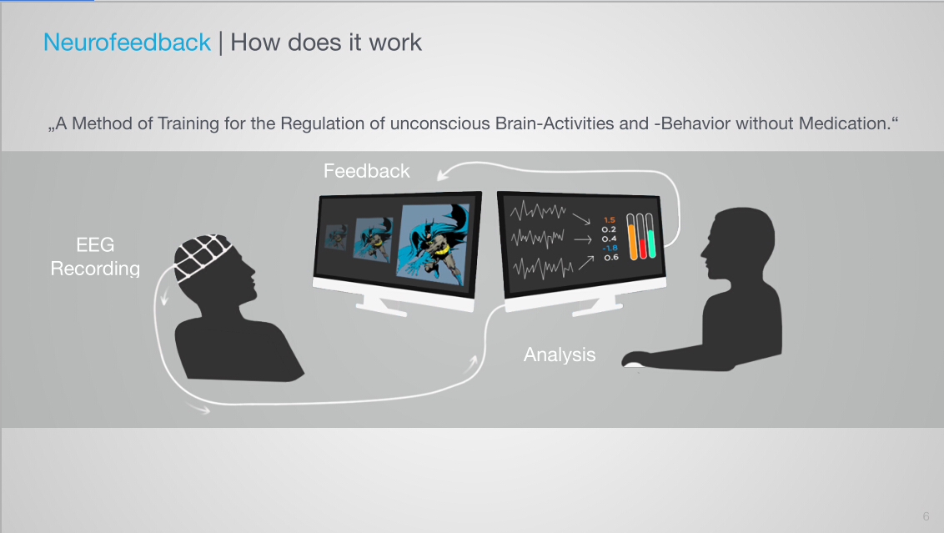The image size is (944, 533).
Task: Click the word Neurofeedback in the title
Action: click(127, 43)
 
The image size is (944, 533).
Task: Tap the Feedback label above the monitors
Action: click(367, 171)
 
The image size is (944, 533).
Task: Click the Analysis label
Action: click(560, 354)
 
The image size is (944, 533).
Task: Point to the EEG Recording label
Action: click(95, 257)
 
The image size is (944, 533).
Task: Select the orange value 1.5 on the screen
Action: click(610, 220)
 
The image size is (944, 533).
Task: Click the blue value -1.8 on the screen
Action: click(610, 248)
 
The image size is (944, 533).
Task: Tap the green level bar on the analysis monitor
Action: click(651, 236)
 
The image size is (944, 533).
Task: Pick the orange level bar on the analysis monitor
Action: click(632, 237)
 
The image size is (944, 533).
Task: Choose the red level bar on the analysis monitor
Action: click(642, 237)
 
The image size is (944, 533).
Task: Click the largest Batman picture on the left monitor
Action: click(434, 244)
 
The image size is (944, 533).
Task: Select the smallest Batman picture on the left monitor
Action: click(336, 237)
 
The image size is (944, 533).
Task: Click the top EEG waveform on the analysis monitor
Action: click(538, 211)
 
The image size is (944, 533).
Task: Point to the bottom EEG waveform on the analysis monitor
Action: click(542, 268)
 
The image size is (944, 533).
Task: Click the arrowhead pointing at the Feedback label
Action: click(443, 174)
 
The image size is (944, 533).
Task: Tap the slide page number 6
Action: click(926, 516)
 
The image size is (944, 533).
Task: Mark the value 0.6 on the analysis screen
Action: click(611, 258)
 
